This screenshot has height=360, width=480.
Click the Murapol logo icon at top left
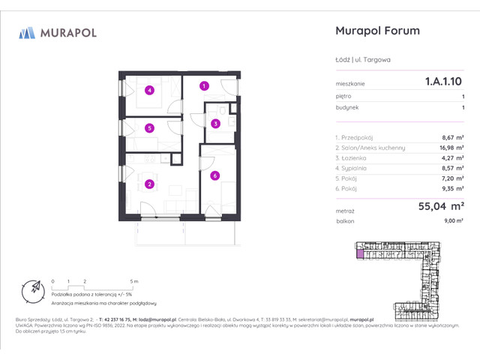point(27,32)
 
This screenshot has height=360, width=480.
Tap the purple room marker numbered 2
point(149,184)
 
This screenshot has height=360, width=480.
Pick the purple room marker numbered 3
point(215,124)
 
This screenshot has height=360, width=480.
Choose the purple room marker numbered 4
point(150,91)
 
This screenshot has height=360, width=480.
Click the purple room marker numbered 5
point(150,128)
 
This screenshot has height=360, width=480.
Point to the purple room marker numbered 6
point(214,175)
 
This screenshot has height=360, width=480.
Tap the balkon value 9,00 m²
point(454,222)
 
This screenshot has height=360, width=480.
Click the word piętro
point(344,97)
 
